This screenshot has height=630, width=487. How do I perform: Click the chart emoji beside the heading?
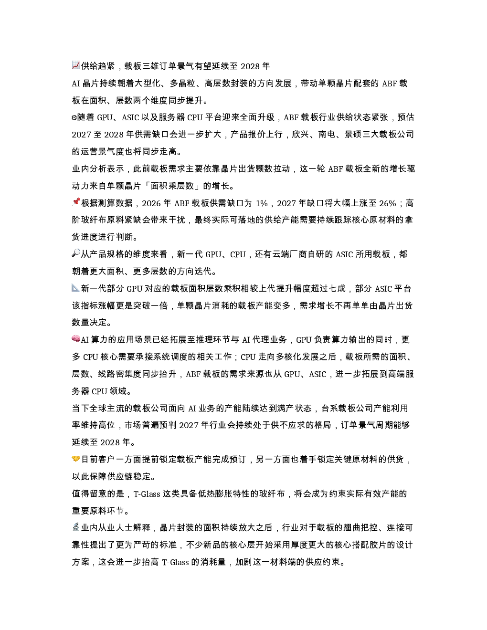76,65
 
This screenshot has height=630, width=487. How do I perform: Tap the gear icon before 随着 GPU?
74,117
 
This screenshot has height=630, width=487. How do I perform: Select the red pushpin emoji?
76,202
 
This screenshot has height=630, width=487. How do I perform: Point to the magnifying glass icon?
76,253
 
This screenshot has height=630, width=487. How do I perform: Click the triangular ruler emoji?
76,287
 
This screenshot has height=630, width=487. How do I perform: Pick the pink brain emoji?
76,338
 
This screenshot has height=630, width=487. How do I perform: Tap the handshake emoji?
76,458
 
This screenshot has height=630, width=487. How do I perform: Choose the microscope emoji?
76,526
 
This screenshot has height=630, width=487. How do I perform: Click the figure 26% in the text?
388,203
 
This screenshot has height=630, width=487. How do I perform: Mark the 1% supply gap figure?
262,203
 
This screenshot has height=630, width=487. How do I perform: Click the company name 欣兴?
300,135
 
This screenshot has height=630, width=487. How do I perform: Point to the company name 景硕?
353,135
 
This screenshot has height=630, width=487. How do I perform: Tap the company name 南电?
327,135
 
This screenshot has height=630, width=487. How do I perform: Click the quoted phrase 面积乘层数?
172,186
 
